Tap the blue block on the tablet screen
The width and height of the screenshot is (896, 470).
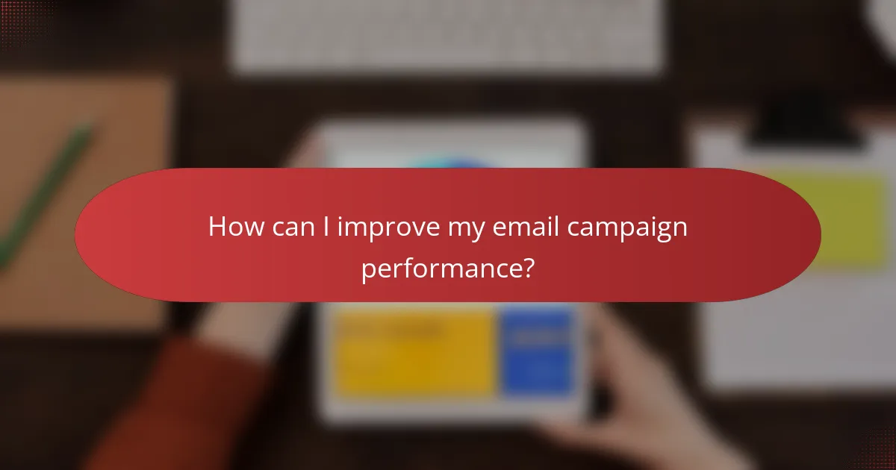point(538,351)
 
